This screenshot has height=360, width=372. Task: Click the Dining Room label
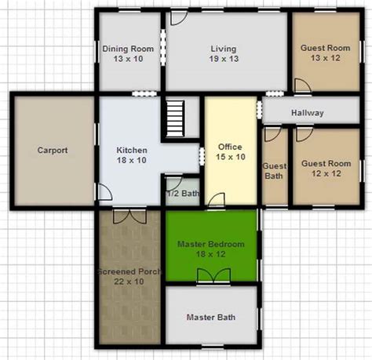click(x=128, y=49)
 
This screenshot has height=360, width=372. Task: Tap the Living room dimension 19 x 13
click(x=224, y=59)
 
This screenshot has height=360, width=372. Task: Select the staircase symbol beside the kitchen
click(x=175, y=118)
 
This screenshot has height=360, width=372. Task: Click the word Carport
click(x=53, y=150)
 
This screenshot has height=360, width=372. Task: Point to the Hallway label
click(x=308, y=113)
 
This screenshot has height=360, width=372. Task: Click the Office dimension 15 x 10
click(x=231, y=157)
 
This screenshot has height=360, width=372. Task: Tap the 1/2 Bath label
click(x=183, y=194)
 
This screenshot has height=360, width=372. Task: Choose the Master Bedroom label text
click(x=211, y=244)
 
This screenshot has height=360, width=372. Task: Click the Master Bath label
click(x=211, y=317)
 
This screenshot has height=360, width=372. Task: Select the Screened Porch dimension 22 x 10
click(x=129, y=282)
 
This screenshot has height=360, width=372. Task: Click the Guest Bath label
click(x=274, y=171)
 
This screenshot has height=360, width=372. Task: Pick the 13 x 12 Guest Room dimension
click(x=326, y=58)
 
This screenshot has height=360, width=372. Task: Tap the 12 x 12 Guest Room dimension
click(x=326, y=173)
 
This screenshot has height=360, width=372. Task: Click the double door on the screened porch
click(x=129, y=216)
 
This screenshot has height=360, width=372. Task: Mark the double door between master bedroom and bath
click(x=214, y=276)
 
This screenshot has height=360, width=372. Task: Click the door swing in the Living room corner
click(x=179, y=18)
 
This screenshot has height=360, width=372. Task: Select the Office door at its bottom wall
click(x=217, y=200)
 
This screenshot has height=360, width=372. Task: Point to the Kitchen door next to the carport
click(x=105, y=192)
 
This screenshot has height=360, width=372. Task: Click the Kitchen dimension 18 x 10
click(x=132, y=160)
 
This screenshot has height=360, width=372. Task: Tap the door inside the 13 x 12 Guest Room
click(x=303, y=85)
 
